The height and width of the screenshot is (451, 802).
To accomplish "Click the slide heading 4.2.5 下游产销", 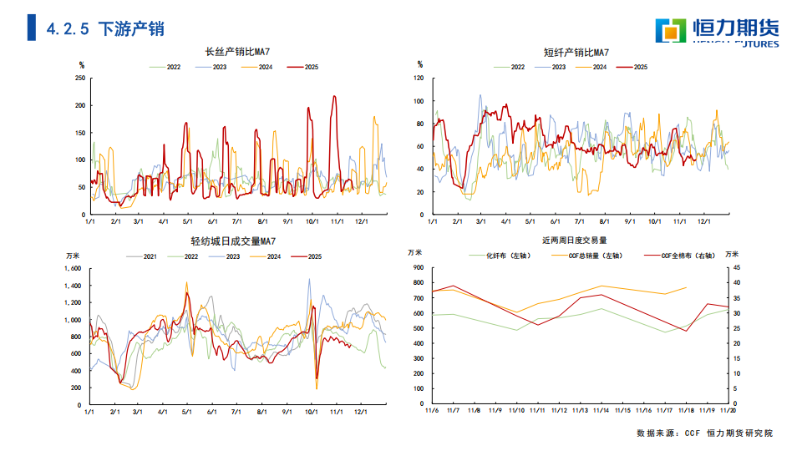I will [105, 28].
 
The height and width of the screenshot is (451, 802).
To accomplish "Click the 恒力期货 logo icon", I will [670, 31].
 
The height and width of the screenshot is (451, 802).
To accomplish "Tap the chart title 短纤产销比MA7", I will [576, 52].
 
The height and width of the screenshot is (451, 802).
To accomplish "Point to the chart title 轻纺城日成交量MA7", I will [234, 242].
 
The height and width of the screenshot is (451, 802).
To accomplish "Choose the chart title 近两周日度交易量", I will [575, 240].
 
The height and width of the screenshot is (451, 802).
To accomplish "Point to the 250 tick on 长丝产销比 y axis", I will [80, 79].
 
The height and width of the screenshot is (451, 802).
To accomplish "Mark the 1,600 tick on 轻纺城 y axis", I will [74, 269].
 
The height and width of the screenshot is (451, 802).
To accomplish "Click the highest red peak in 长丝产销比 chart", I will [335, 97].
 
